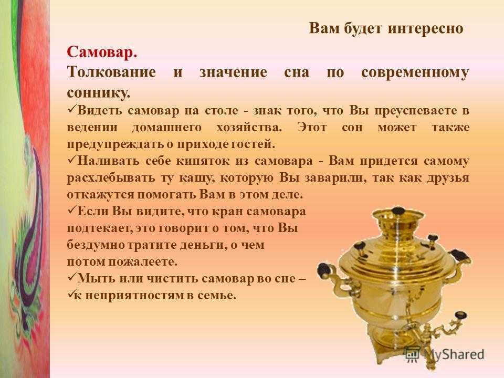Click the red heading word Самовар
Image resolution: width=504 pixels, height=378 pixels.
pyautogui.click(x=102, y=52)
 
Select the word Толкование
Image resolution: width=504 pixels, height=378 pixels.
pyautogui.click(x=111, y=72)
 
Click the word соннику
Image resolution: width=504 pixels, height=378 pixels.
pyautogui.click(x=99, y=93)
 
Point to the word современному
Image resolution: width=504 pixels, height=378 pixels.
pyautogui.click(x=415, y=72)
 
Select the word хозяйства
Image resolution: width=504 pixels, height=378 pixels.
pyautogui.click(x=249, y=127)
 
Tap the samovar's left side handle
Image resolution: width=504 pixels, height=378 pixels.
pyautogui.click(x=331, y=277)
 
